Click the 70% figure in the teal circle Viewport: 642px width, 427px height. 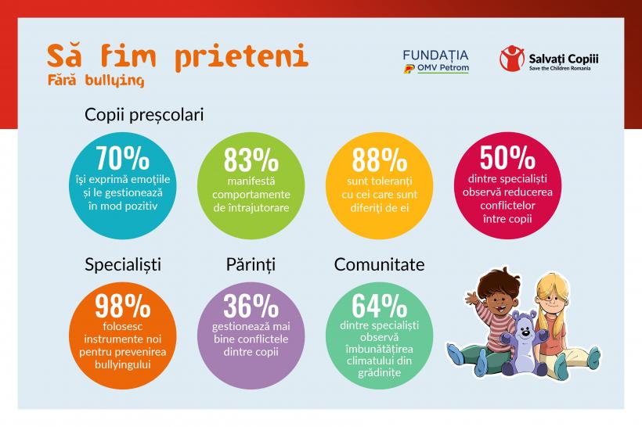point(122,158)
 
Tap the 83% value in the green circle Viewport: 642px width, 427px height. point(251,160)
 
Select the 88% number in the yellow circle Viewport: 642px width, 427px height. point(379,160)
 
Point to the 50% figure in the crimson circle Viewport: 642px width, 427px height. point(507,158)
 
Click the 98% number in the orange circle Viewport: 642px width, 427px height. point(122,305)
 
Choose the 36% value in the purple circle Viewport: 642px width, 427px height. point(251,306)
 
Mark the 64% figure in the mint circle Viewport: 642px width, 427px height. point(379,305)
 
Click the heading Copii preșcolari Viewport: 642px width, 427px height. point(144,115)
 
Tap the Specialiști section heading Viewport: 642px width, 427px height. point(123,264)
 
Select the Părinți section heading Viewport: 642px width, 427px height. point(250,264)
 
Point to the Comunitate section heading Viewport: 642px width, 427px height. point(379,264)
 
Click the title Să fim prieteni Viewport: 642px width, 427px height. point(177,57)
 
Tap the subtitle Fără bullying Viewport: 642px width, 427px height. point(95,80)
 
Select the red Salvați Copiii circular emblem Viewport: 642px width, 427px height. point(511,59)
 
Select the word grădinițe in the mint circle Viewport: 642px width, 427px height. point(379,373)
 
